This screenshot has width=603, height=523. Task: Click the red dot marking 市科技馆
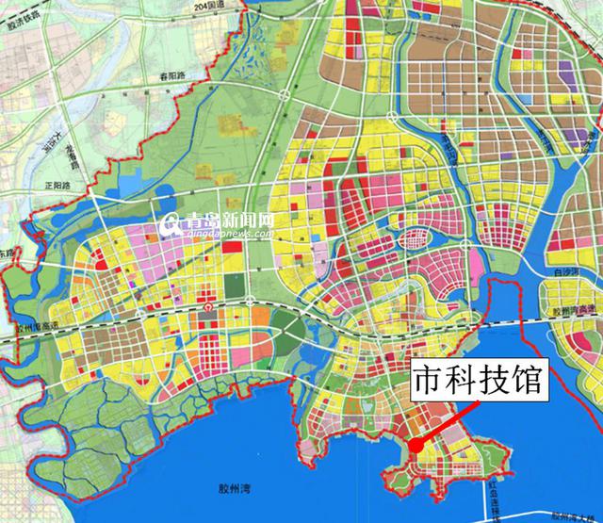point(415,446)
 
